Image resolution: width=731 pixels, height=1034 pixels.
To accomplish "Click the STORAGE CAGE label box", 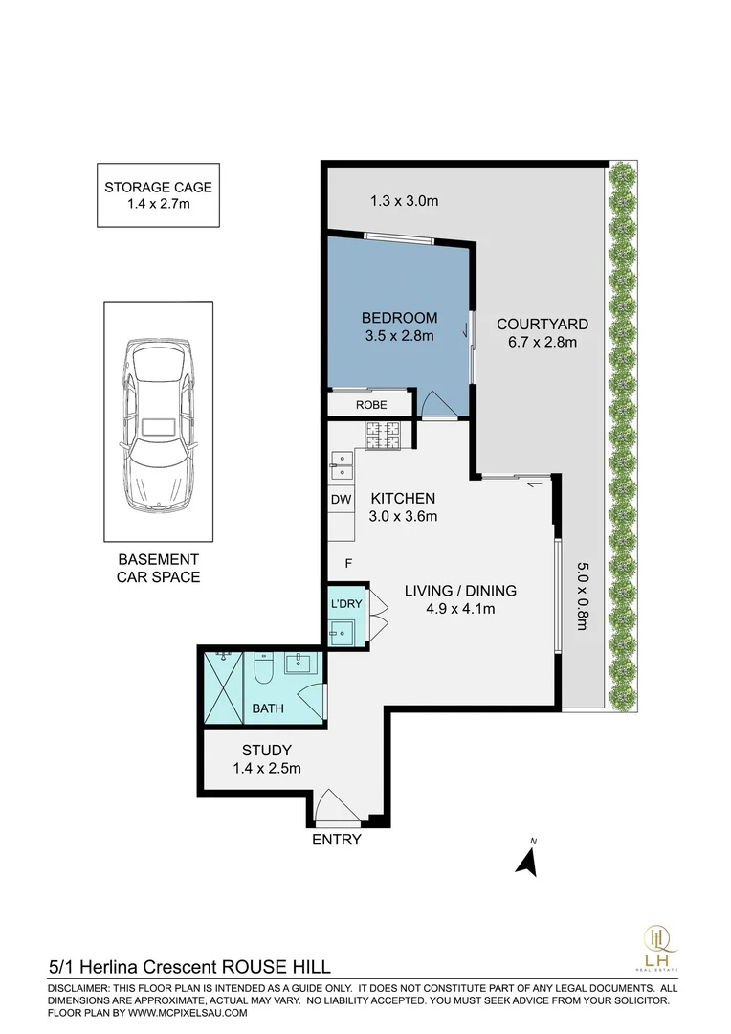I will coord(158,195).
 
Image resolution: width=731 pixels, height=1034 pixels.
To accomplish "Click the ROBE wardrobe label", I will coord(371,405).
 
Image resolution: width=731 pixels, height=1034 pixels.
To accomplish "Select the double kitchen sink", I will coord(341,465).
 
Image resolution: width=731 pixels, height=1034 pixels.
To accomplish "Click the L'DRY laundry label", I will coord(345,604).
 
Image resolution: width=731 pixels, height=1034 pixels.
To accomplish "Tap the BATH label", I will coord(267,709).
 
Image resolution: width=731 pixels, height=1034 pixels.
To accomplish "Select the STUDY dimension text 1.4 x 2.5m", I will coord(267,768).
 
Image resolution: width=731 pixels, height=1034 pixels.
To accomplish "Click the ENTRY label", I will coord(337,840).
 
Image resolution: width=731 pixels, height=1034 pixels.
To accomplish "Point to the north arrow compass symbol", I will coord(526,859).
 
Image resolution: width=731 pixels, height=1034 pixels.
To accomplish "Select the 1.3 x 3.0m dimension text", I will coord(404,201).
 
